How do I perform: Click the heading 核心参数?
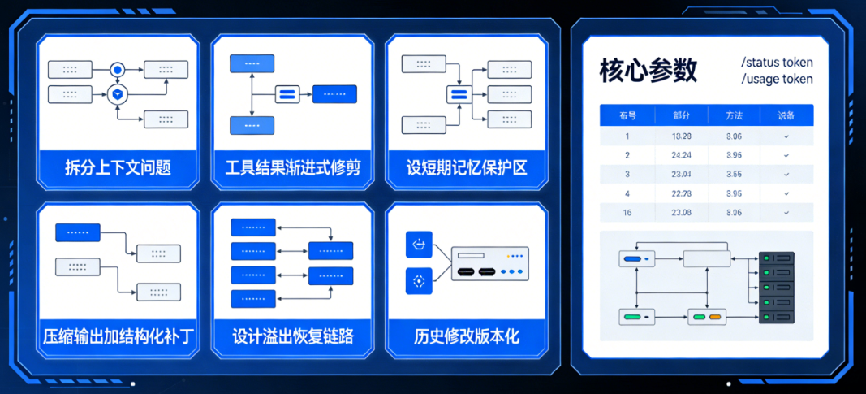(648, 71)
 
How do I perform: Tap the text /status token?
(777, 63)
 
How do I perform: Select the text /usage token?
(777, 79)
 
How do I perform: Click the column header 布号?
(627, 116)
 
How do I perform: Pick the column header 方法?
(734, 116)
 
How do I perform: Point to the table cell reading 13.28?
(682, 136)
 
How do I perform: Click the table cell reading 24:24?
(682, 155)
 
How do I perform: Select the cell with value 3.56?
(734, 174)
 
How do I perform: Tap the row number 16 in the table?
(627, 213)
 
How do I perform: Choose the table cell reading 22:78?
(682, 193)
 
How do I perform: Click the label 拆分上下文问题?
(118, 168)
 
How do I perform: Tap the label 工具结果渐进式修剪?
(292, 168)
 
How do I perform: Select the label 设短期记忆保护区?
(467, 168)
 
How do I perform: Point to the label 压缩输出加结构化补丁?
(118, 336)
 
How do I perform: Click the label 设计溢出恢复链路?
(292, 336)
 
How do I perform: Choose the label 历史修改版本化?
(467, 336)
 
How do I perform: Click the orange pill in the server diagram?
(715, 316)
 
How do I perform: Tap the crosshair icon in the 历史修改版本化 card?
(419, 281)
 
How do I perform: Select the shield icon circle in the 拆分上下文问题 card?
(118, 94)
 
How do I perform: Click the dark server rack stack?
(776, 288)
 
